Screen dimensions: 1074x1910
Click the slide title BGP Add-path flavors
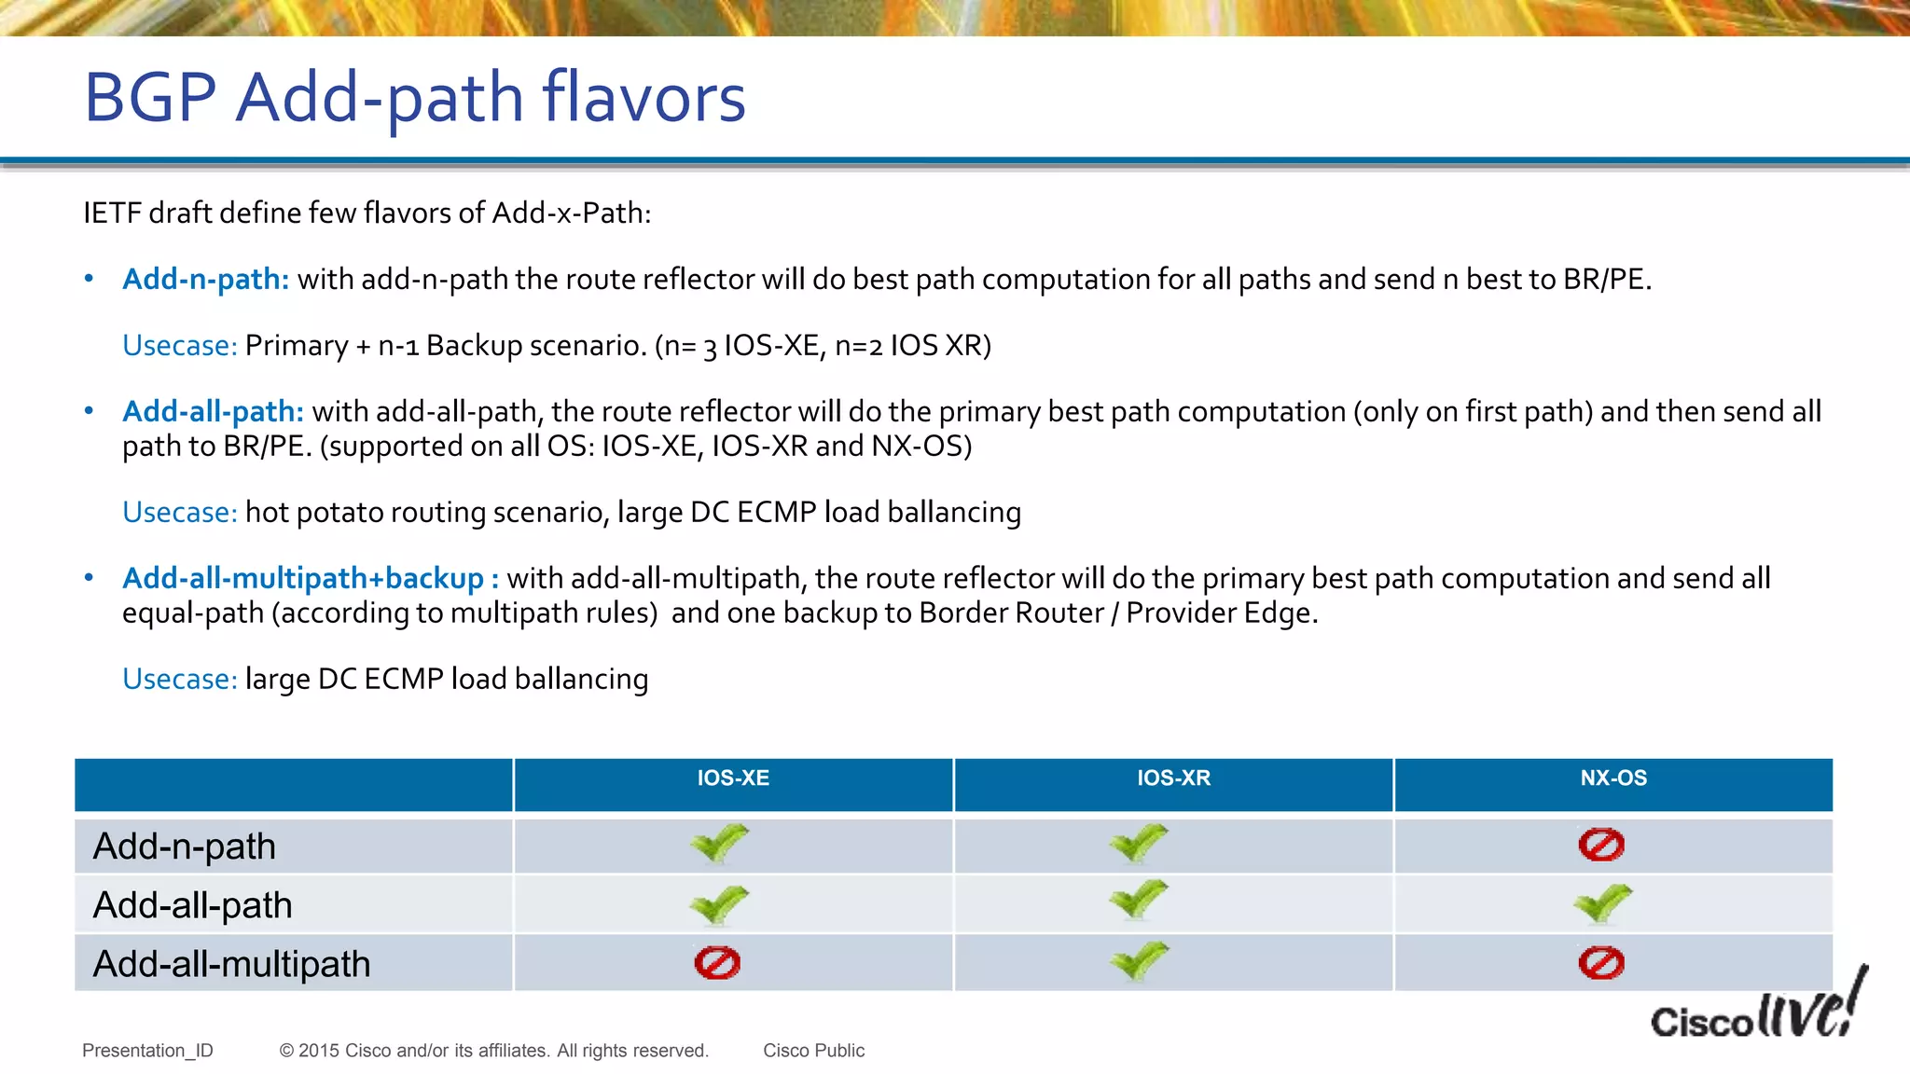[415, 97]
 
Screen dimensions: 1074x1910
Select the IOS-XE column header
[733, 778]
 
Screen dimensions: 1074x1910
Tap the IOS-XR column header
[1173, 778]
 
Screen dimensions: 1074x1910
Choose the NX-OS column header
[1613, 778]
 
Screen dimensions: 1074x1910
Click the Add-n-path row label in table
[185, 847]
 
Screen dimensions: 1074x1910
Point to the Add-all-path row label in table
[193, 905]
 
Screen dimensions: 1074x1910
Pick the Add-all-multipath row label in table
[232, 964]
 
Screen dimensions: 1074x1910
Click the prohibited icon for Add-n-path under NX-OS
[1601, 845]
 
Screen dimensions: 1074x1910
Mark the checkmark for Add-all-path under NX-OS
[1602, 903]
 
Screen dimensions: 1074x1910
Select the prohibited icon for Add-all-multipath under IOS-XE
[717, 963]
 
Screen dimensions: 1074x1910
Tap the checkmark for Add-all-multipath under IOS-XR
[1139, 960]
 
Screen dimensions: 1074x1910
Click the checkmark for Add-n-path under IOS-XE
[719, 844]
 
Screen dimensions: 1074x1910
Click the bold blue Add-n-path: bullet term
[206, 279]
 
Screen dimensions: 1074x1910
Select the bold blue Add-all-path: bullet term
[214, 411]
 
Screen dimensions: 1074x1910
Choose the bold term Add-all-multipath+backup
[304, 578]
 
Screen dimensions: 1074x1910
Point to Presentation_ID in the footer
[147, 1051]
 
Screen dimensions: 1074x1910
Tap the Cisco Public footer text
[813, 1051]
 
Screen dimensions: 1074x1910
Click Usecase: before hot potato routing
[180, 512]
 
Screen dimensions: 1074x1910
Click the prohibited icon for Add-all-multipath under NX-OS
[1601, 963]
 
